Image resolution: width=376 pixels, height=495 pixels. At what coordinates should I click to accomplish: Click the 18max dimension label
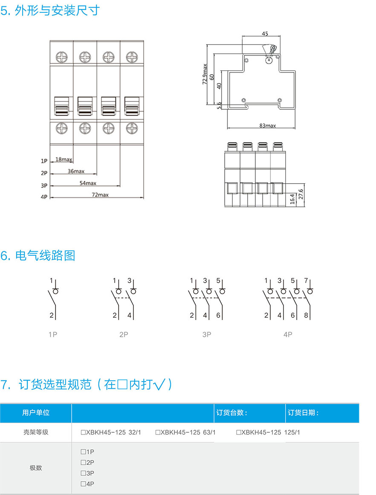pyautogui.click(x=64, y=159)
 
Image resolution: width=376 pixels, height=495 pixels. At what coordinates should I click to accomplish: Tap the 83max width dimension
pyautogui.click(x=268, y=126)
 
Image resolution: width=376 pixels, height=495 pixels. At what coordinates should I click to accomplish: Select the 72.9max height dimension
pyautogui.click(x=205, y=74)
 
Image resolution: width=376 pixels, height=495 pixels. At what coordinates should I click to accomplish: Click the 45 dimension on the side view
pyautogui.click(x=265, y=34)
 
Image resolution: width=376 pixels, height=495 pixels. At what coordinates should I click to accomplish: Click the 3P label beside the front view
pyautogui.click(x=44, y=185)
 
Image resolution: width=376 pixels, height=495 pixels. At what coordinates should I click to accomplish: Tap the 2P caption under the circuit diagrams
pyautogui.click(x=124, y=335)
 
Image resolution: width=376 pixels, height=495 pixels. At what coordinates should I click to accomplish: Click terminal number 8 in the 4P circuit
pyautogui.click(x=307, y=316)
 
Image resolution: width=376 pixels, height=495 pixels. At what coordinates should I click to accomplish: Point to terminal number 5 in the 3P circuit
pyautogui.click(x=218, y=281)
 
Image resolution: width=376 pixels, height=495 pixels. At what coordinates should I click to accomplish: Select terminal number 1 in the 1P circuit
pyautogui.click(x=51, y=281)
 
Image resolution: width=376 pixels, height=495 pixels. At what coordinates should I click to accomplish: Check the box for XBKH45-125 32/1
pyautogui.click(x=84, y=432)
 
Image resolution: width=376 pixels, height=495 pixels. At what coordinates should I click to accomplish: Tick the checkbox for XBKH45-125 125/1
pyautogui.click(x=239, y=432)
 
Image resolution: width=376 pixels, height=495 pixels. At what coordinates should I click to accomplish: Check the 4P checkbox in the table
pyautogui.click(x=83, y=484)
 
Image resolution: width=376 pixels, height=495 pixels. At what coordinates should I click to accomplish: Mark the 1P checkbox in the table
pyautogui.click(x=83, y=452)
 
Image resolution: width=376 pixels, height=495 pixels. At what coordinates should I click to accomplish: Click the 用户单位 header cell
pyautogui.click(x=36, y=413)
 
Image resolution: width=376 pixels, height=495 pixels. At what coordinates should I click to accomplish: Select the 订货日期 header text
pyautogui.click(x=304, y=413)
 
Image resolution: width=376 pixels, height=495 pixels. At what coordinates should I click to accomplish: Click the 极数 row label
pyautogui.click(x=36, y=468)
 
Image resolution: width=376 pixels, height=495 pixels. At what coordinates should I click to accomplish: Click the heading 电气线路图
pyautogui.click(x=45, y=256)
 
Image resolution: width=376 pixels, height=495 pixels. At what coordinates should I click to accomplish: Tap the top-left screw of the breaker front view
pyautogui.click(x=62, y=55)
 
